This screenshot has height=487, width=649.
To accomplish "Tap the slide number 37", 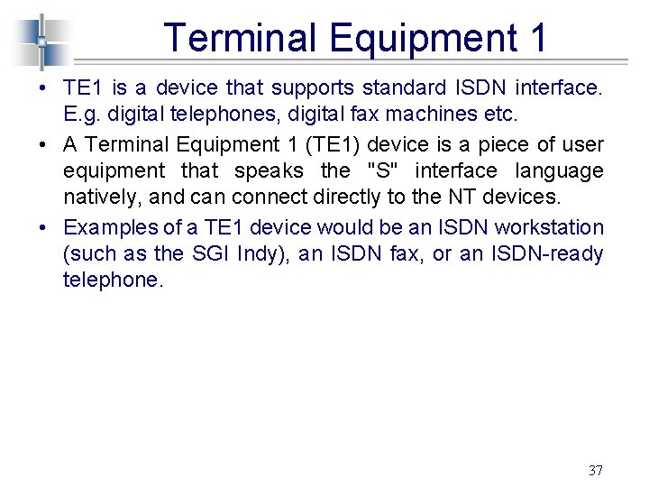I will tap(595, 470).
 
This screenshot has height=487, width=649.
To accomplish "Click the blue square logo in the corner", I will tap(41, 41).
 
